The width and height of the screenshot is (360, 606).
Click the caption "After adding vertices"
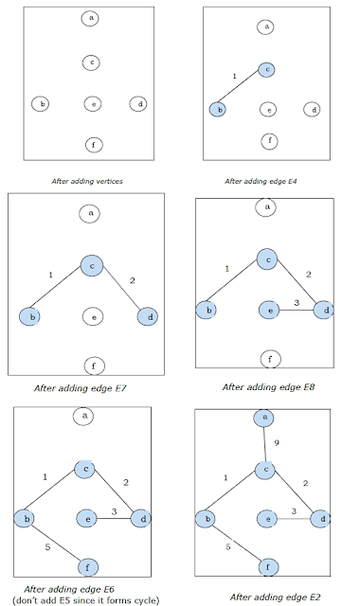(x=93, y=178)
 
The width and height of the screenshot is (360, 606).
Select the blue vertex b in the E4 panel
(x=218, y=111)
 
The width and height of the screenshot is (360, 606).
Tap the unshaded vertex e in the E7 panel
(x=92, y=316)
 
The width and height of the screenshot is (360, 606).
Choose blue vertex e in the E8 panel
(x=269, y=310)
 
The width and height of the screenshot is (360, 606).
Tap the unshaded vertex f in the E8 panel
(x=269, y=358)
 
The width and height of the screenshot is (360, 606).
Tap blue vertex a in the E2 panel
(x=266, y=418)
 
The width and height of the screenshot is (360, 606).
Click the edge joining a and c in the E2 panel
(x=266, y=443)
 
